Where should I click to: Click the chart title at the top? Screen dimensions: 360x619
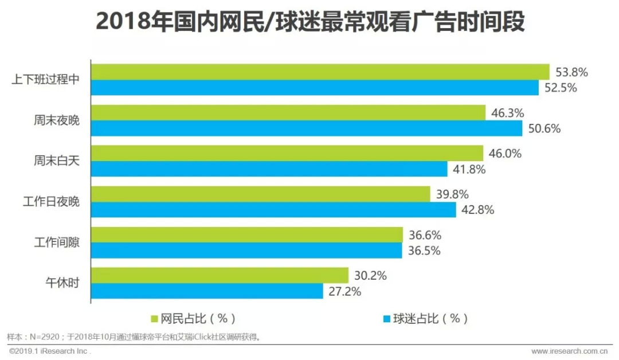tap(309, 23)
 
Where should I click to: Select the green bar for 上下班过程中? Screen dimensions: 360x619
tap(320, 72)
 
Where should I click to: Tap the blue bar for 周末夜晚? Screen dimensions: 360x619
tap(307, 128)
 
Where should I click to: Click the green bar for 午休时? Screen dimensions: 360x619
tap(220, 275)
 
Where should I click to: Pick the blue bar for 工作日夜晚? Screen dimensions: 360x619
tap(273, 210)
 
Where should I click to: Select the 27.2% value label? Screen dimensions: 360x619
tap(344, 291)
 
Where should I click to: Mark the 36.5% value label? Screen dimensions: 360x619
tap(424, 251)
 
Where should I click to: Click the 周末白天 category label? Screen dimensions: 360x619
tap(57, 161)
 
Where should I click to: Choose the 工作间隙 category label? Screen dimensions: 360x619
tap(57, 242)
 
